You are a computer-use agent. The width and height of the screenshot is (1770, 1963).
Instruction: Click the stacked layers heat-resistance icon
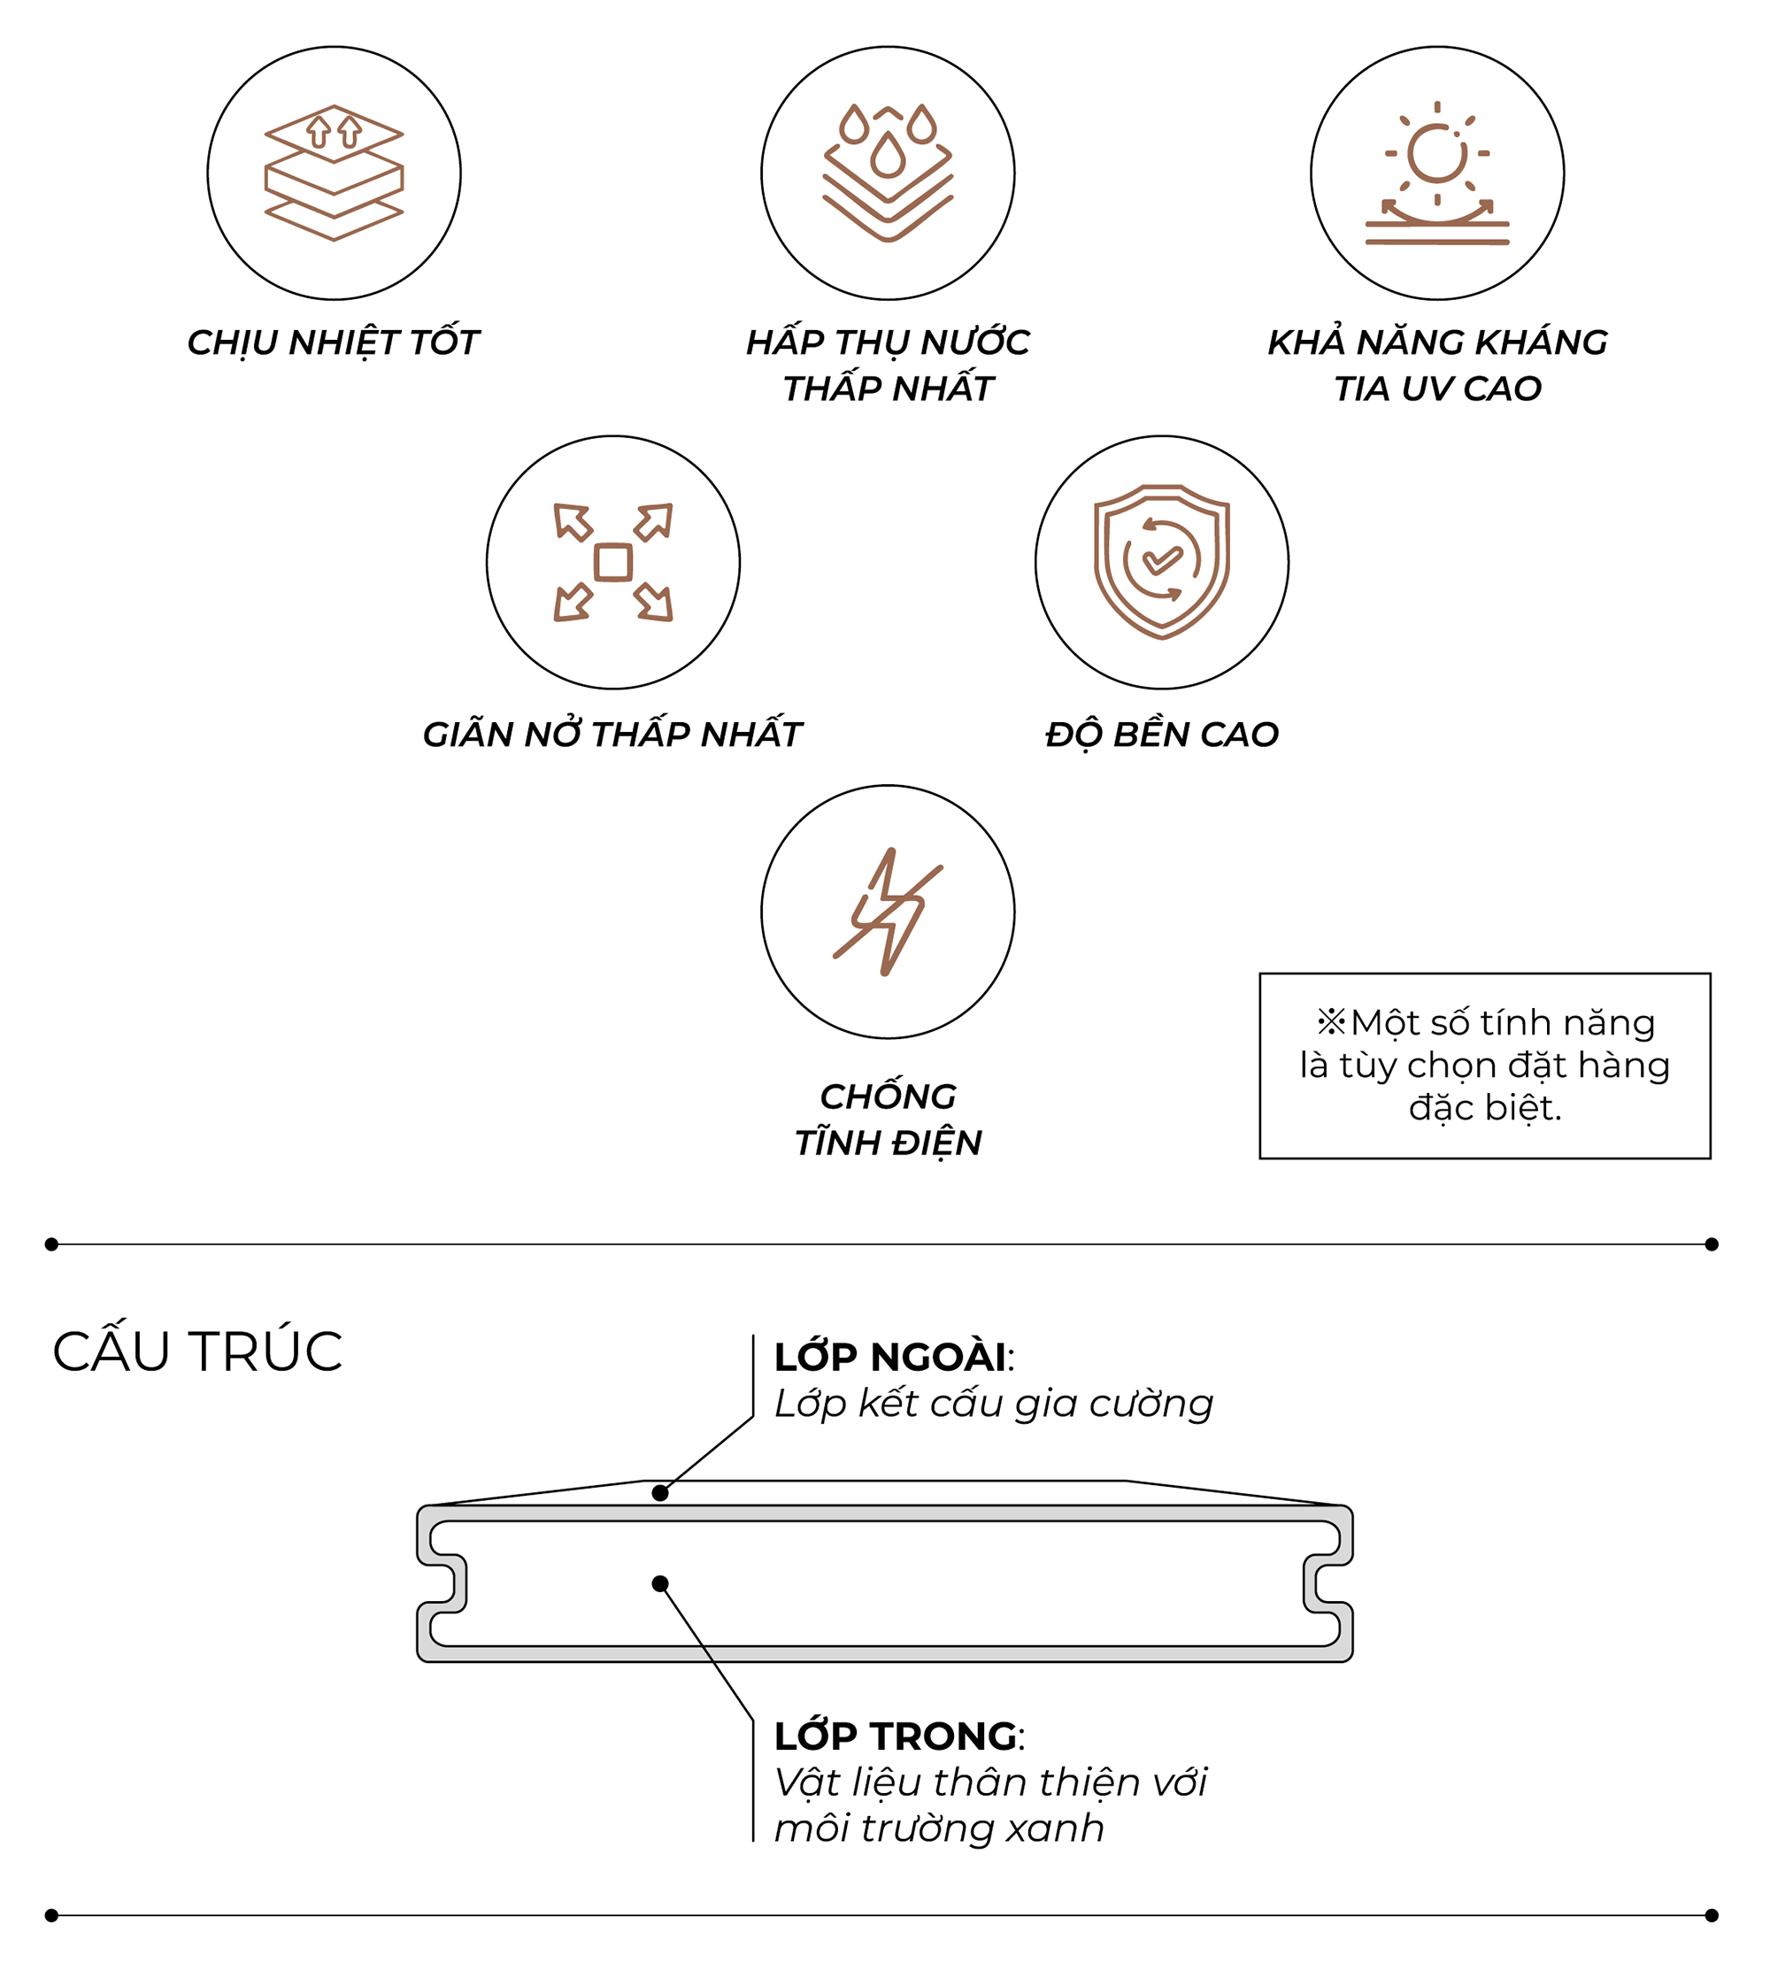coord(334,173)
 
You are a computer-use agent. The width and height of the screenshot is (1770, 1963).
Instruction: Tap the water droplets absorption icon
coord(887,173)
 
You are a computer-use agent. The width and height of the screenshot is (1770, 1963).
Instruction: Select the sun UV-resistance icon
coord(1436,173)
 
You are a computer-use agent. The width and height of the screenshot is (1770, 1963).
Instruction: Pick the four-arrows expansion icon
coord(612,562)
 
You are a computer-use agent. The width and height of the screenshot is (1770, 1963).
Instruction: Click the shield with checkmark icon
coord(1161,562)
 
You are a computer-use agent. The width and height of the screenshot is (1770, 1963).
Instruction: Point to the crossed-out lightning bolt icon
coord(887,912)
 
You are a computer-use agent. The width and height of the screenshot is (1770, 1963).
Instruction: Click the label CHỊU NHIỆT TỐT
coord(333,343)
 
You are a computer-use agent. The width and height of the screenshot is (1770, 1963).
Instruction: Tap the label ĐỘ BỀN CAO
coord(1161,735)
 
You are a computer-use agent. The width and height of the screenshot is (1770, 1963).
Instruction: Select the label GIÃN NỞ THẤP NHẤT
coord(612,735)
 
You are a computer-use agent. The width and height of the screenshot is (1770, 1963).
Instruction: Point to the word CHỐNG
coord(887,1097)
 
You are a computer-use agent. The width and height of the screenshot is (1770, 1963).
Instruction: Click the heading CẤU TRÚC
coord(197,1351)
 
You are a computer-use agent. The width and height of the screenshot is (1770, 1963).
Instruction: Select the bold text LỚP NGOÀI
coord(889,1357)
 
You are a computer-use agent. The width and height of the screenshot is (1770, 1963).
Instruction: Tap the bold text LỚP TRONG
coord(895,1736)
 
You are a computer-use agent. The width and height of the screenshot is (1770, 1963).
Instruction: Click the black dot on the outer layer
coord(660,1492)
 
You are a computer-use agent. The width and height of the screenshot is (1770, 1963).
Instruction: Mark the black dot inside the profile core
coord(660,1583)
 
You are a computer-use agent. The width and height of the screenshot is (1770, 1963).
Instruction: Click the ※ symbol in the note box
coord(1330,1022)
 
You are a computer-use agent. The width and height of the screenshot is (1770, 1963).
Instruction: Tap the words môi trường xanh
coord(938,1828)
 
